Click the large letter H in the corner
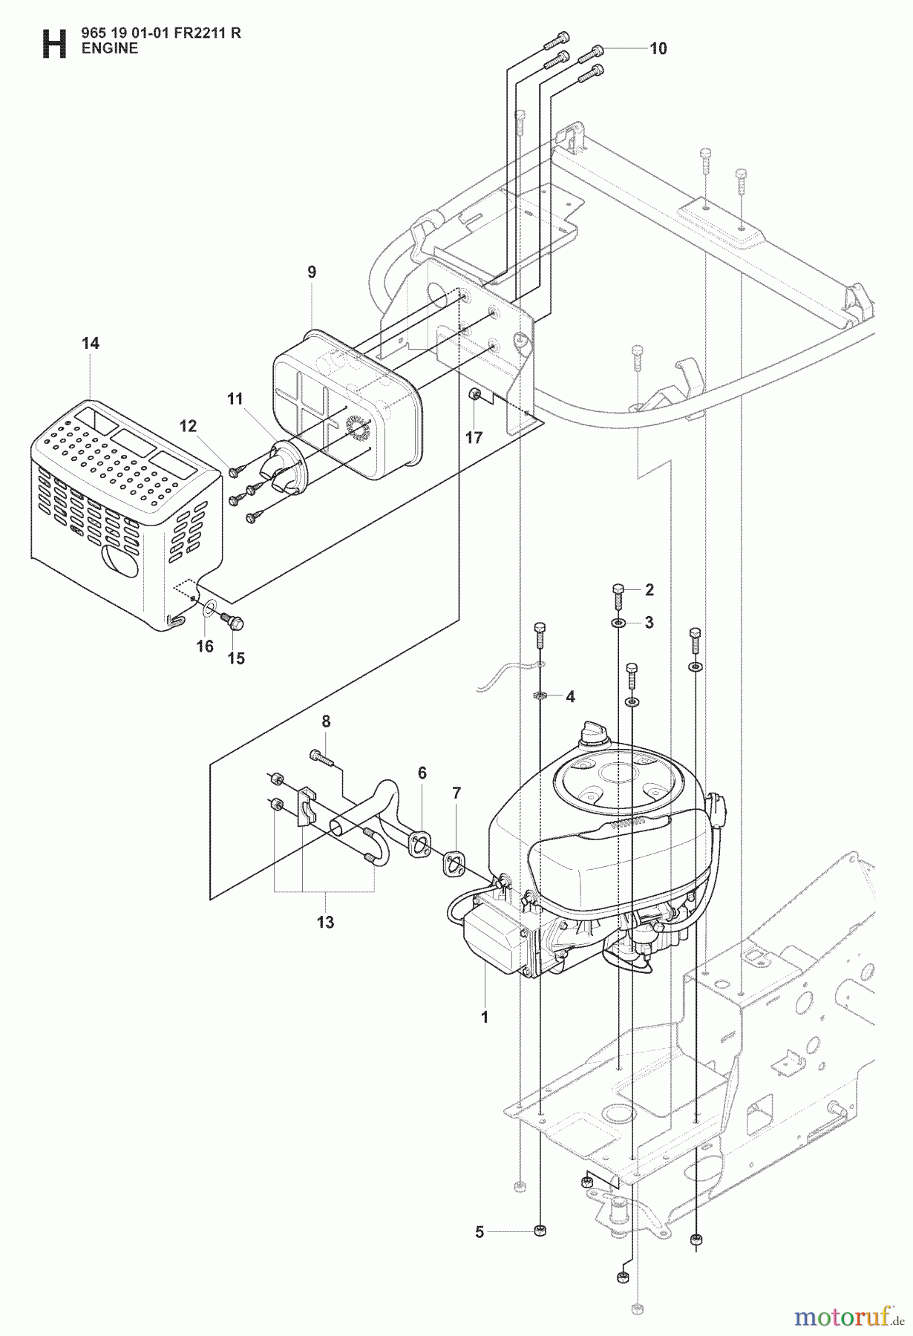(53, 42)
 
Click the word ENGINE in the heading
(109, 48)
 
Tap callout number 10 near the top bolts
(658, 49)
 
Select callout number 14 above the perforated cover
(91, 344)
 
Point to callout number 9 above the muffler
(312, 272)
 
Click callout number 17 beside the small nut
(474, 437)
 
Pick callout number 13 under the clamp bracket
(325, 923)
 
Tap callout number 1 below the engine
(485, 1018)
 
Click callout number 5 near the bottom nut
(480, 1232)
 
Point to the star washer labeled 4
(540, 696)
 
